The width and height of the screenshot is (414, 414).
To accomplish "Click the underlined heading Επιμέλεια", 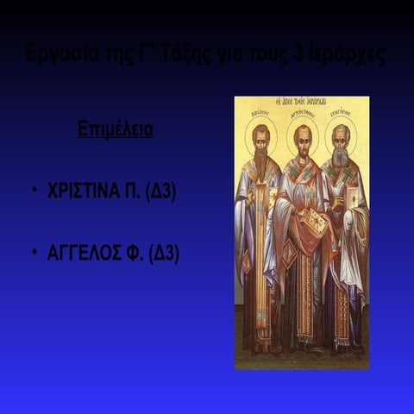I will (116, 131).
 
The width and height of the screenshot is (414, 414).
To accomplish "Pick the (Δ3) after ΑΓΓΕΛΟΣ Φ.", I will (164, 254).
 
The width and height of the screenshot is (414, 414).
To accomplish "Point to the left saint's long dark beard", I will (260, 162).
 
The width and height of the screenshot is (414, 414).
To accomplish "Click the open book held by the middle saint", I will (313, 223).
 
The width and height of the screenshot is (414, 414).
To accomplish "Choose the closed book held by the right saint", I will (353, 198).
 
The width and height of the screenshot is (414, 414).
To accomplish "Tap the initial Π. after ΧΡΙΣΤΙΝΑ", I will (134, 191).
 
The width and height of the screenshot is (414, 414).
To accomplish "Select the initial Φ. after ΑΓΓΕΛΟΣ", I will (135, 254).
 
